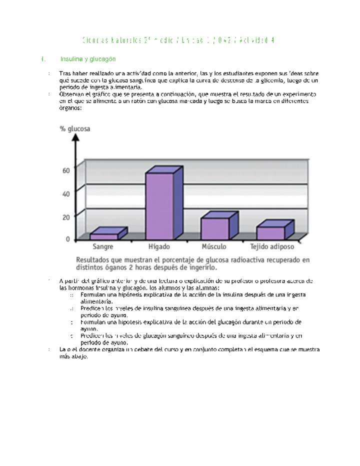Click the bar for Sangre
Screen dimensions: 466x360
[104, 236]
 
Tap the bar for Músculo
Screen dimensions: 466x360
[214, 228]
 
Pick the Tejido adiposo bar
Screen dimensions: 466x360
[270, 232]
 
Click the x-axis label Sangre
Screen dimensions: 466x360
[103, 247]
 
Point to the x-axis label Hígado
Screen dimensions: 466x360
[159, 247]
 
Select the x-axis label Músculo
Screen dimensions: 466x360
[214, 247]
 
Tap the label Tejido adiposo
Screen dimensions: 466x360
[272, 247]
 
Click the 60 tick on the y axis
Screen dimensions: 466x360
[66, 170]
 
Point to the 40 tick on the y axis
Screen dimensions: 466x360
[66, 193]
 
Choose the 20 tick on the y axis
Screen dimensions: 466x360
[66, 216]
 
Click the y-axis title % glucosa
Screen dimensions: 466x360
[75, 128]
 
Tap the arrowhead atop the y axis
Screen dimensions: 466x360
[75, 139]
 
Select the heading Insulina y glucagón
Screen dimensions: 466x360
[88, 59]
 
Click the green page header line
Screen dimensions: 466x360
[178, 40]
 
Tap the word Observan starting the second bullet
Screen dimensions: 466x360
[71, 94]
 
